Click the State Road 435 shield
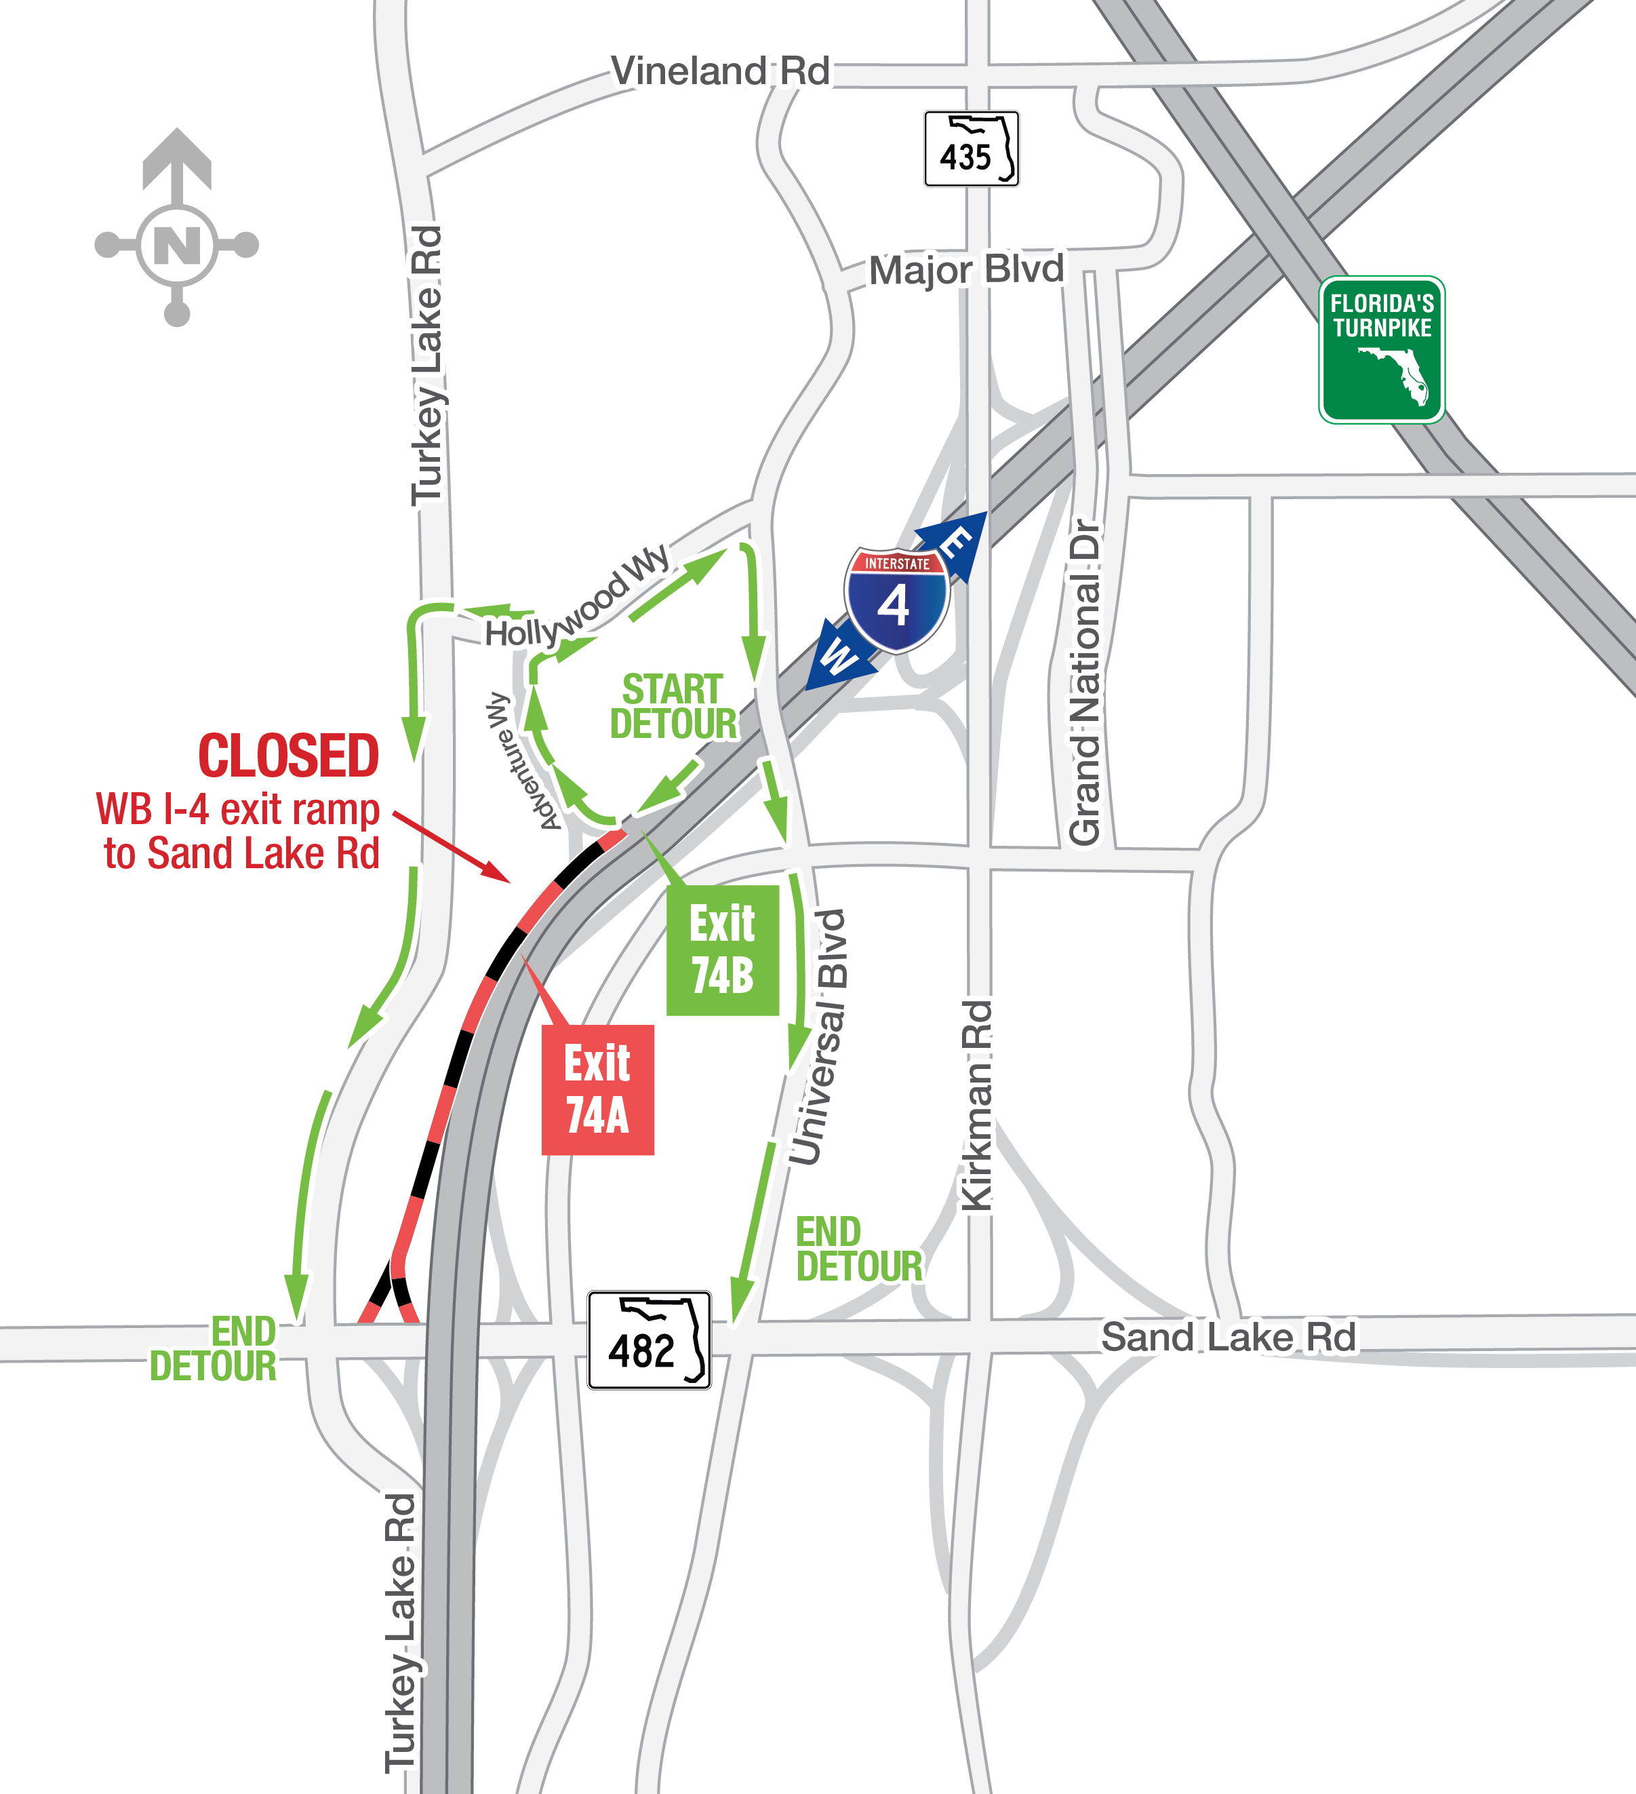tap(971, 149)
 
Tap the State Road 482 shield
tap(649, 1340)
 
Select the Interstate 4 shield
tap(897, 599)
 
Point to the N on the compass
tap(177, 245)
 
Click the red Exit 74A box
tap(598, 1089)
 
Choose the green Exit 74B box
tap(722, 950)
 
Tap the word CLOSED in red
tap(288, 756)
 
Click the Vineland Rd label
tap(720, 71)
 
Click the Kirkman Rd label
tap(977, 1104)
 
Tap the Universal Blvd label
tap(819, 1036)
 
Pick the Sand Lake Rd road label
tap(1228, 1337)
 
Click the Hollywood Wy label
tap(576, 598)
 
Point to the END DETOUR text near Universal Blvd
tap(858, 1249)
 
